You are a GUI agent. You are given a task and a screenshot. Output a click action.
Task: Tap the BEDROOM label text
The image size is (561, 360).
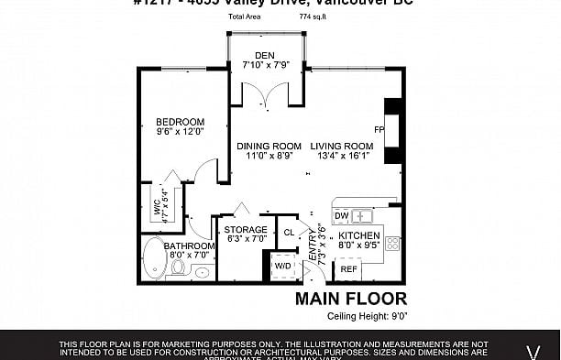(x=179, y=121)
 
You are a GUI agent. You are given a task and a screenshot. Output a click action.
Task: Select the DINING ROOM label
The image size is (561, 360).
(x=269, y=146)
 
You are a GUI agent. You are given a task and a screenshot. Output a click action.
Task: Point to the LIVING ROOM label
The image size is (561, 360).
(x=341, y=146)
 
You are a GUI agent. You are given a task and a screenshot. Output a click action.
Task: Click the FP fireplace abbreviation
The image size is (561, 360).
(x=378, y=129)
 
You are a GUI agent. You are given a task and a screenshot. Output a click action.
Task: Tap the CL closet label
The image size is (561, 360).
(x=288, y=232)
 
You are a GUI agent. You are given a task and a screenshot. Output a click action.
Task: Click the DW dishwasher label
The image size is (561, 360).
(x=341, y=216)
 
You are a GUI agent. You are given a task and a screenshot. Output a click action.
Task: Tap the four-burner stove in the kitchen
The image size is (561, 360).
(x=392, y=244)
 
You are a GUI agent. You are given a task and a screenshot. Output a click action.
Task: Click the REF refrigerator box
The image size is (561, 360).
(x=348, y=269)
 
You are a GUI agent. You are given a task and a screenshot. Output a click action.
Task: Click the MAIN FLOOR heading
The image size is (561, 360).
(x=350, y=299)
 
